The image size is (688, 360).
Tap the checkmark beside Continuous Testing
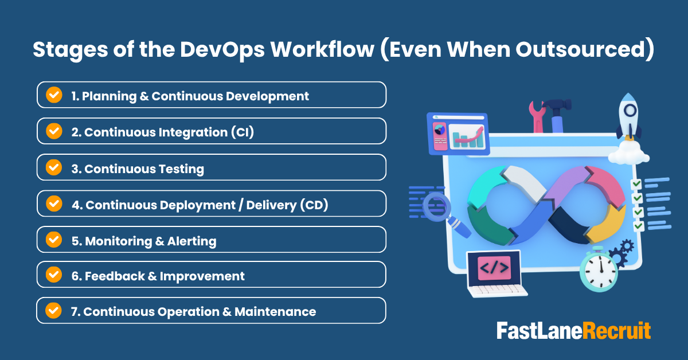54,167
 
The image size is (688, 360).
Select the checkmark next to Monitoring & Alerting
54,240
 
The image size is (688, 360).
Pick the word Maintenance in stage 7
275,312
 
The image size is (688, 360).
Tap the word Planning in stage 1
110,96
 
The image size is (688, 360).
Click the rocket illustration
629,117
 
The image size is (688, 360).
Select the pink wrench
537,118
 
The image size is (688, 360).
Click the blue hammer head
557,105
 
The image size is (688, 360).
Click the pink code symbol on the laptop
494,268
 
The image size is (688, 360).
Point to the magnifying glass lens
437,206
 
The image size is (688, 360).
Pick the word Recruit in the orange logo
616,331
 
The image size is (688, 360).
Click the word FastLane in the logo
540,331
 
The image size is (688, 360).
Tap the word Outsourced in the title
580,50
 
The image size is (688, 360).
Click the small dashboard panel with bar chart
458,134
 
